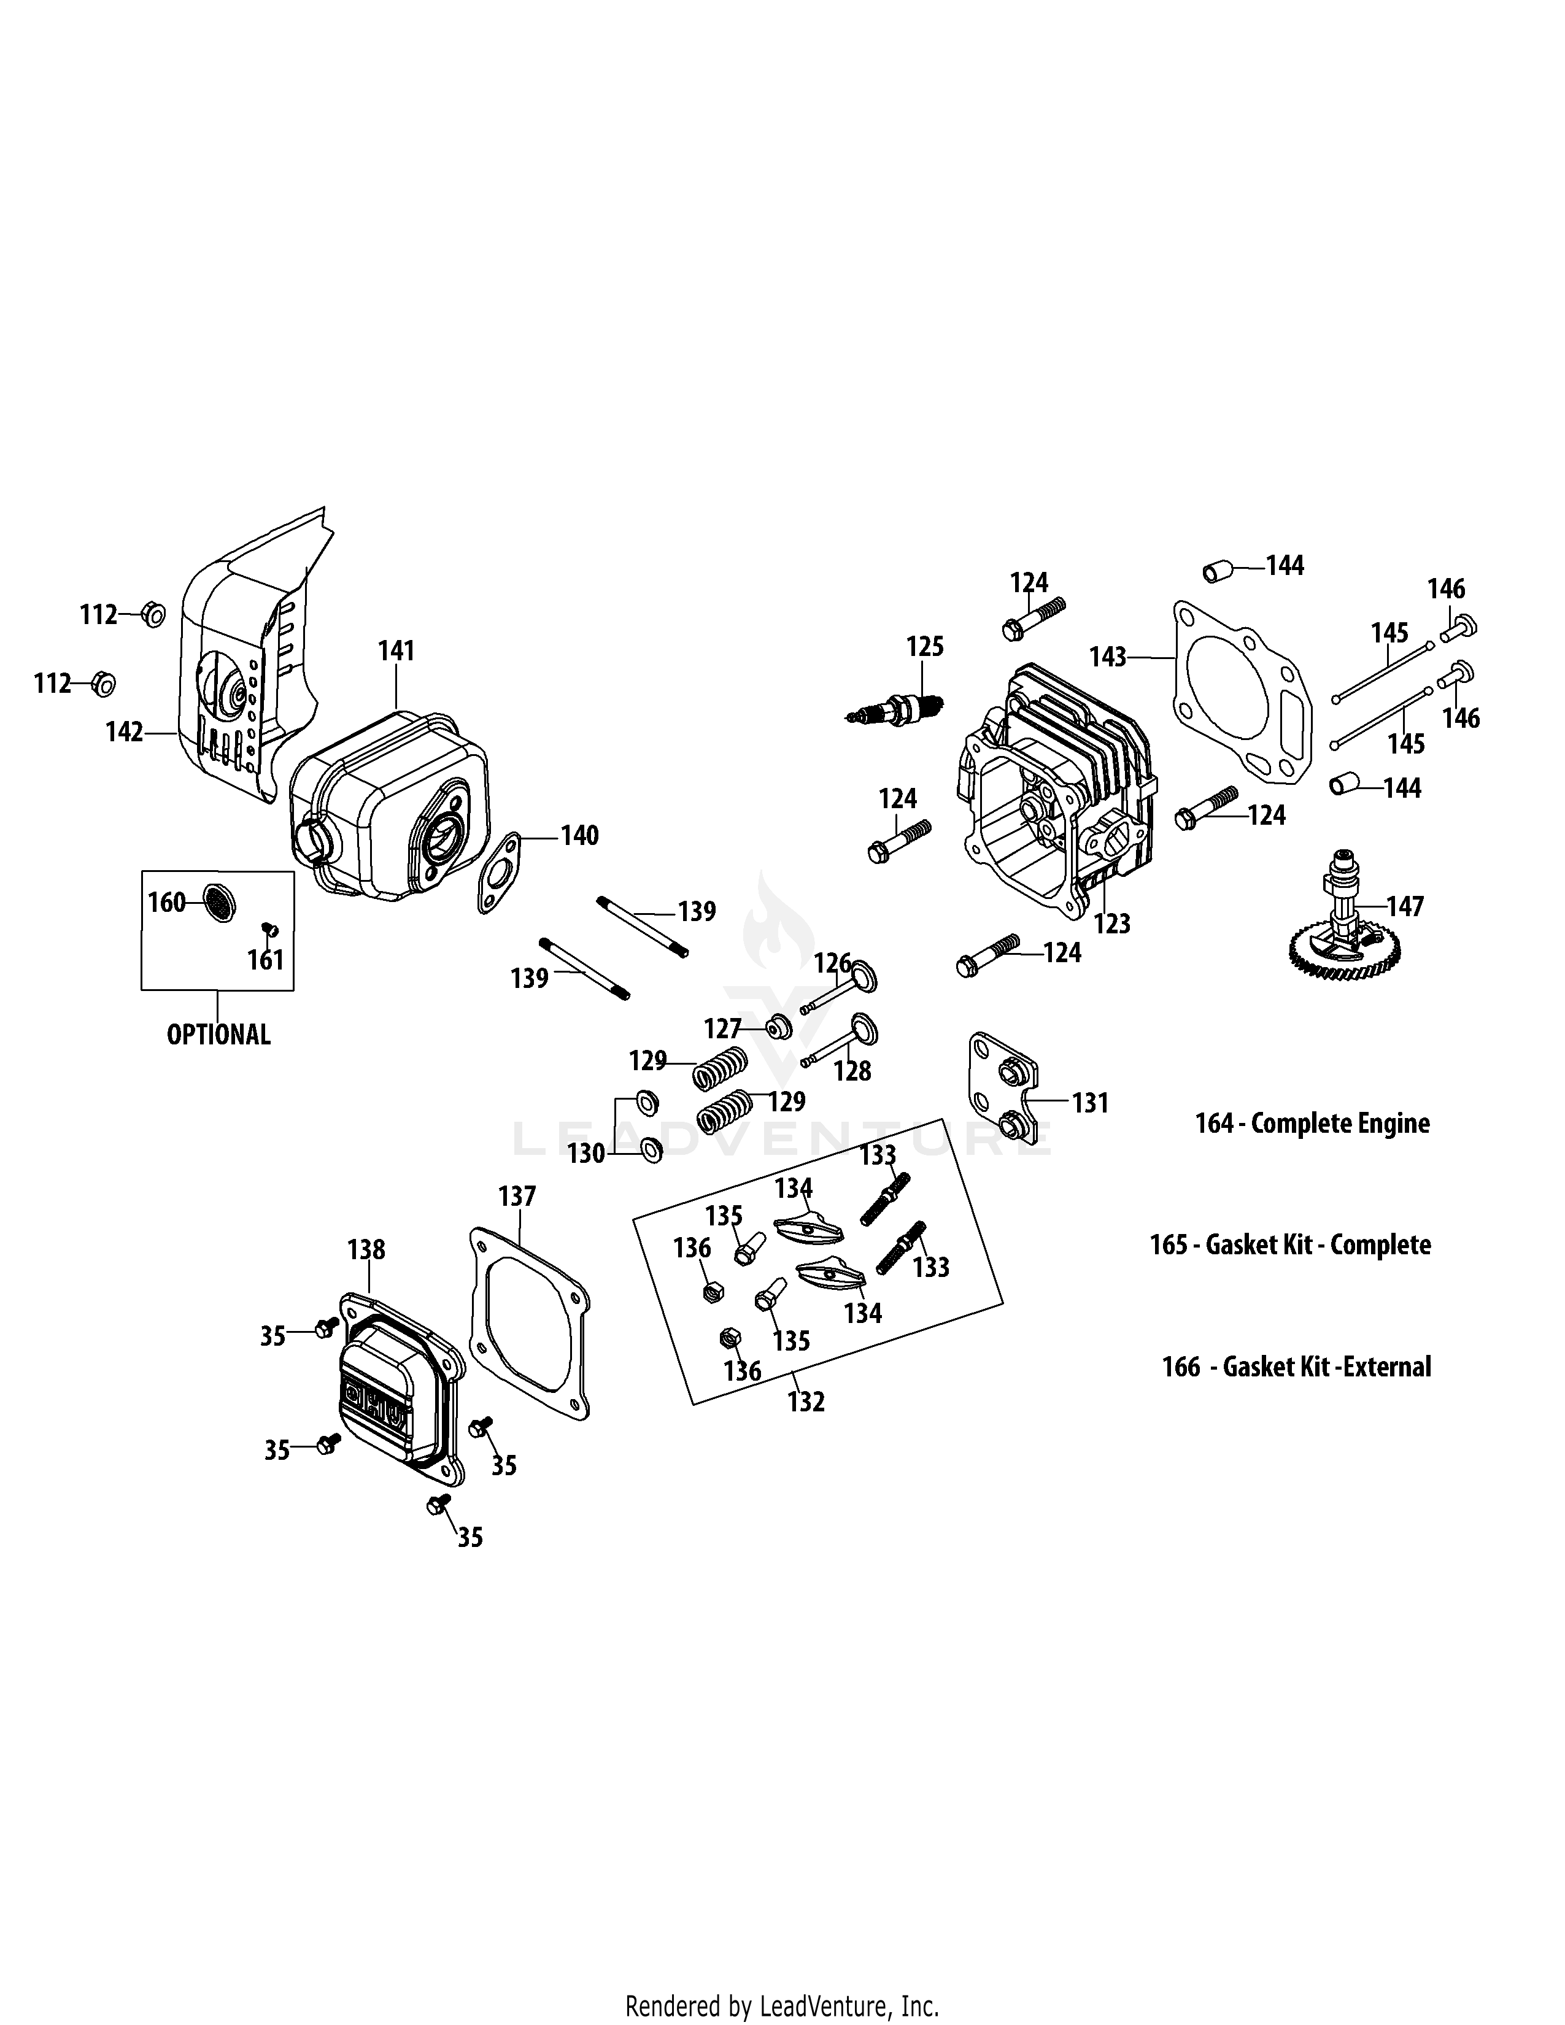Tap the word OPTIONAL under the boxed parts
coord(219,1035)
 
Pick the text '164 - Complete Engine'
coord(1312,1124)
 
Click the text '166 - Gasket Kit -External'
coord(1296,1367)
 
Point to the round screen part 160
coord(219,902)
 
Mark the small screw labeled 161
coord(271,929)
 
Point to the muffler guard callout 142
coord(124,733)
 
